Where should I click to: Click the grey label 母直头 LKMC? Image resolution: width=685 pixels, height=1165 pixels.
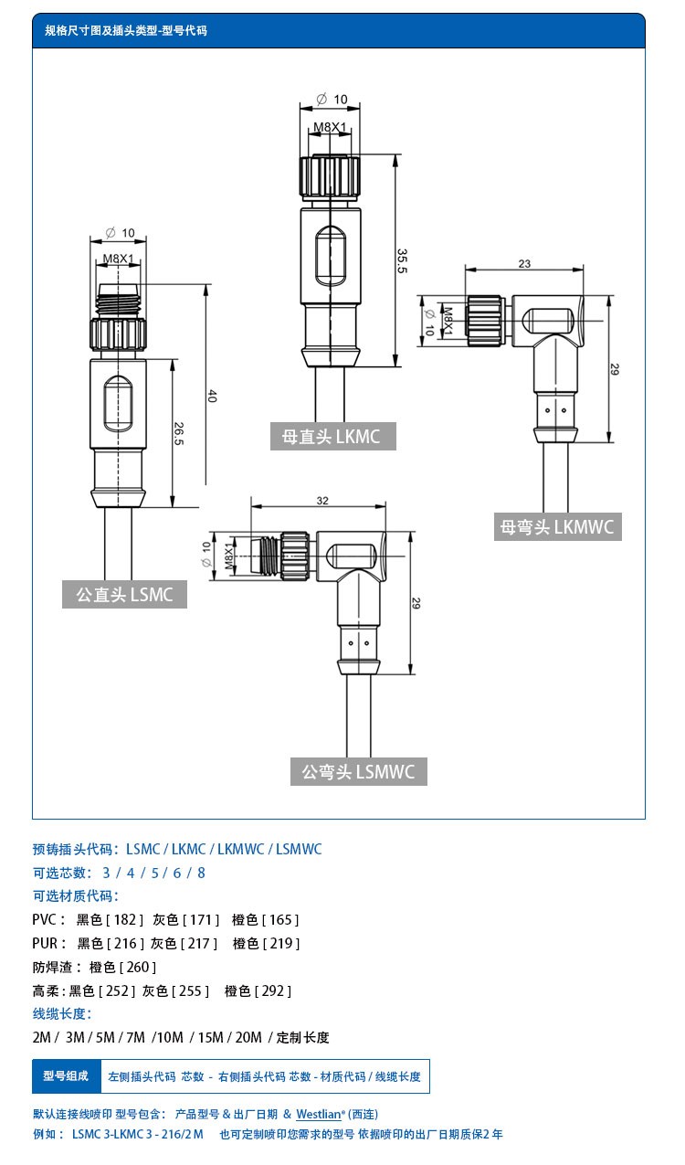point(332,436)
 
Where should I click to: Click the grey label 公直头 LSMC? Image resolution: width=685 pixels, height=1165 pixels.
point(124,595)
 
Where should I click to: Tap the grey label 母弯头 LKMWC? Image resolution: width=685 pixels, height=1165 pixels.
point(557,526)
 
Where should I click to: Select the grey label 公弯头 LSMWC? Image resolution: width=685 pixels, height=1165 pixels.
point(358,772)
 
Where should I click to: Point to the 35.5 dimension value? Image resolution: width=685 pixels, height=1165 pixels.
point(402,260)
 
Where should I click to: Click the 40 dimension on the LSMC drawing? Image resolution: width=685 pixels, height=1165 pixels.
point(212,396)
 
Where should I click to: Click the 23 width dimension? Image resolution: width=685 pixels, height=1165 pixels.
point(524,263)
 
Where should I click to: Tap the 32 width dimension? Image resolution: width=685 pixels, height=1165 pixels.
point(321,501)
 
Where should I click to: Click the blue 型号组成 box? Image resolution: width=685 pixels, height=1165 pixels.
point(66,1076)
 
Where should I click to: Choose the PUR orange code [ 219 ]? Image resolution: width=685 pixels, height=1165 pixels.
point(280,943)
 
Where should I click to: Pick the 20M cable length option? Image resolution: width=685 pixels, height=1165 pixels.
point(248,1037)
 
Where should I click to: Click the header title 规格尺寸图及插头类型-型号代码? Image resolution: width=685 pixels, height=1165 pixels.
point(126,30)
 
